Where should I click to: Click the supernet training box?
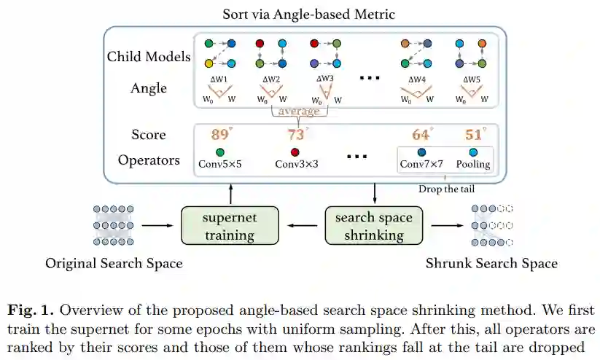tap(229, 226)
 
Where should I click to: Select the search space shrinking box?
tap(373, 226)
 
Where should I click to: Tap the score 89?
tap(220, 135)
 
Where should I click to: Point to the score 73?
tap(296, 135)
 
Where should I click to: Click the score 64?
tap(421, 135)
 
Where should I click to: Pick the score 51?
tap(474, 135)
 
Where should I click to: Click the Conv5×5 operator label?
tap(219, 164)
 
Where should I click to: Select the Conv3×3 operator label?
tap(296, 164)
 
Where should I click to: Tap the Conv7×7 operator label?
tap(421, 164)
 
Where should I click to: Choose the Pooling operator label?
tap(474, 164)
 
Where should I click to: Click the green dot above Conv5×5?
tap(219, 152)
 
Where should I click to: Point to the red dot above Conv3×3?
tap(295, 152)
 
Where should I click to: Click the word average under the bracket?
tap(299, 111)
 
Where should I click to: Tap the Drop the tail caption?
tap(448, 189)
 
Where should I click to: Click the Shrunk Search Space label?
tap(491, 263)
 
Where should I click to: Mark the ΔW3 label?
tap(324, 78)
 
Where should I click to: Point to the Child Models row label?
tap(149, 56)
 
